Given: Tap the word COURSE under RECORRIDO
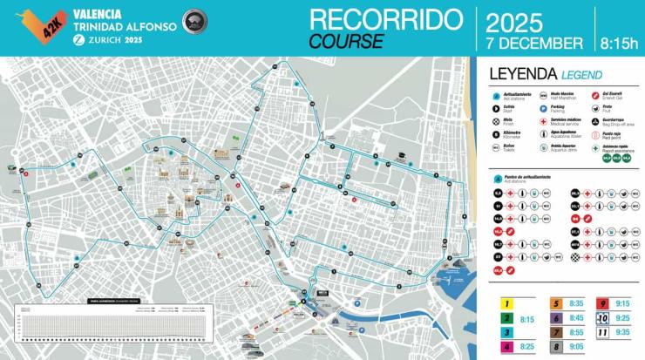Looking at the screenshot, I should coord(346,40).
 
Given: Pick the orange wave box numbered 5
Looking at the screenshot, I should coord(554,304).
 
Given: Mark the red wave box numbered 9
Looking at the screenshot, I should coord(602,304).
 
